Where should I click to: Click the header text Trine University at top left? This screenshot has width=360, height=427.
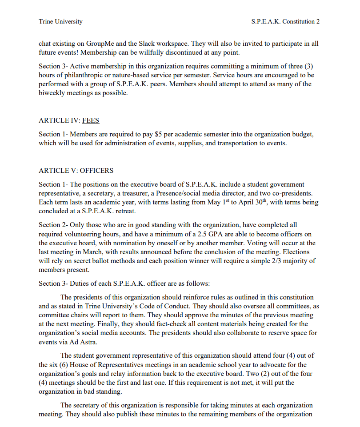point(60,21)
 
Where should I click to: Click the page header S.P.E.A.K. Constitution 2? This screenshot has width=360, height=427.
point(285,21)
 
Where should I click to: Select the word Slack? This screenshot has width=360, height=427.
point(161,44)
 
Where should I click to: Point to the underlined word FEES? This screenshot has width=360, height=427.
point(91,120)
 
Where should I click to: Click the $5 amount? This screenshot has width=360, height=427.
point(159,134)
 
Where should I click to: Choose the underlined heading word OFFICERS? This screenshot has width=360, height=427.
point(96,171)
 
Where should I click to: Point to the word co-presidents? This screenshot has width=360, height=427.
point(294,193)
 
